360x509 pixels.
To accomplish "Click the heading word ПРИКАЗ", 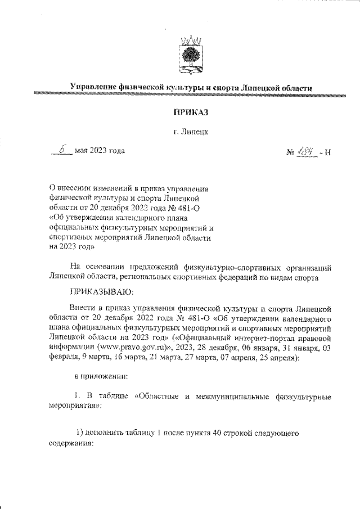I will click(191, 112).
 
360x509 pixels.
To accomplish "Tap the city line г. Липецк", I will click(191, 132).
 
